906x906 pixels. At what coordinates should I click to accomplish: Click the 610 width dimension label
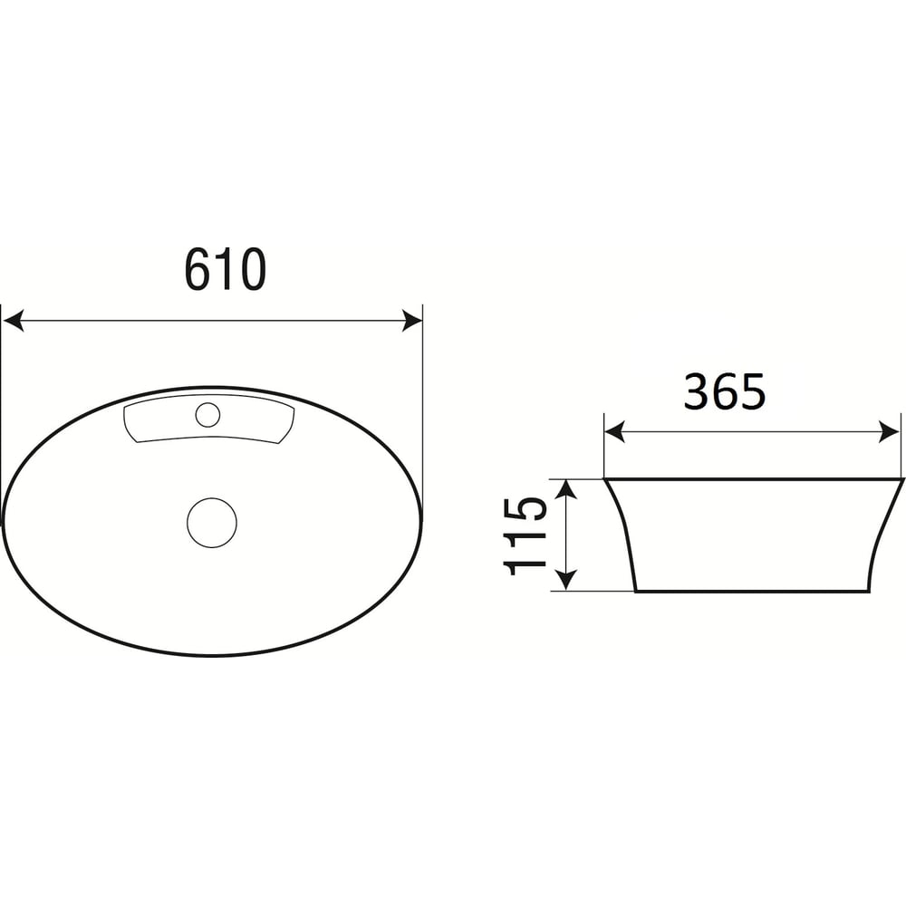[x=226, y=269]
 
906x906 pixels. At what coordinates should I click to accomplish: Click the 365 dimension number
[x=725, y=391]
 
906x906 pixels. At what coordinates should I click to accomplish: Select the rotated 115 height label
[x=525, y=535]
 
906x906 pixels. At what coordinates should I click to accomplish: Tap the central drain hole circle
[x=212, y=523]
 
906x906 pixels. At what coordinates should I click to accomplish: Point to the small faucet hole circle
[x=207, y=415]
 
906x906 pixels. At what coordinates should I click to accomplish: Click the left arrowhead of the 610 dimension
[x=13, y=321]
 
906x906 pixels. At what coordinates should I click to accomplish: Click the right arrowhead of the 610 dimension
[x=412, y=321]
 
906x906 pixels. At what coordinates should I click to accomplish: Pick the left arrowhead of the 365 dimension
[x=615, y=431]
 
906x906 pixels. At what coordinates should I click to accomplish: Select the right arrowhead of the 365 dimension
[x=890, y=431]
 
